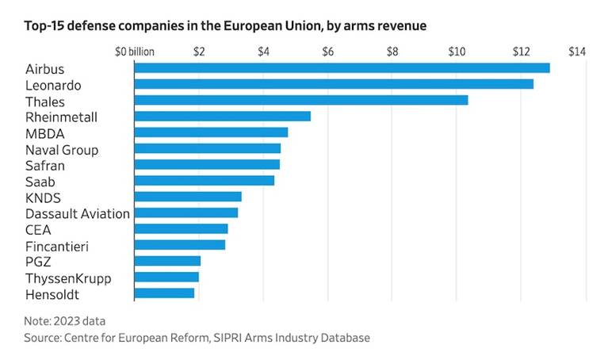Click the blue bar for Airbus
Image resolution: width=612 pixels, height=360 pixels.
coord(342,68)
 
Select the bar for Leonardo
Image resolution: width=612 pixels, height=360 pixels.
coord(334,84)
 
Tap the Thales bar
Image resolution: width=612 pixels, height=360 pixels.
coord(301,100)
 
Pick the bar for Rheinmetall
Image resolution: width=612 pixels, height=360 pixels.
coord(223,116)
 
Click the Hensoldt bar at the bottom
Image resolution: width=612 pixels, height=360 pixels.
coord(164,293)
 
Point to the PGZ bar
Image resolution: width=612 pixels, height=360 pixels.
coord(167,261)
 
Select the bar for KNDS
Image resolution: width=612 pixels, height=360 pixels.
coord(188,197)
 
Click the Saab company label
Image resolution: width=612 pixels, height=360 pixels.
coord(40,181)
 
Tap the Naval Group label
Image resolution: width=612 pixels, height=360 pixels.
coord(62,149)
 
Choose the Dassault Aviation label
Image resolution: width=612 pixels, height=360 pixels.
coord(78,213)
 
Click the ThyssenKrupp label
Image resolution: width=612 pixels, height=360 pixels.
coord(68,278)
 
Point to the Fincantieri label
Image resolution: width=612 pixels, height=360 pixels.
coord(57,246)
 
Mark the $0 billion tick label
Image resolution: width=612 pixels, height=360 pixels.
coord(134,52)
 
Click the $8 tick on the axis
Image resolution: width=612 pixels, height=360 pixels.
coord(392,52)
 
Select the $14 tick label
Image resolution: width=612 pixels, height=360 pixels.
coord(576,52)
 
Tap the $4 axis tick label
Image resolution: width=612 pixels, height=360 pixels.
coord(263,52)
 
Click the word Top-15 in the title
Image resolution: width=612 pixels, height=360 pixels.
coord(44,26)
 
